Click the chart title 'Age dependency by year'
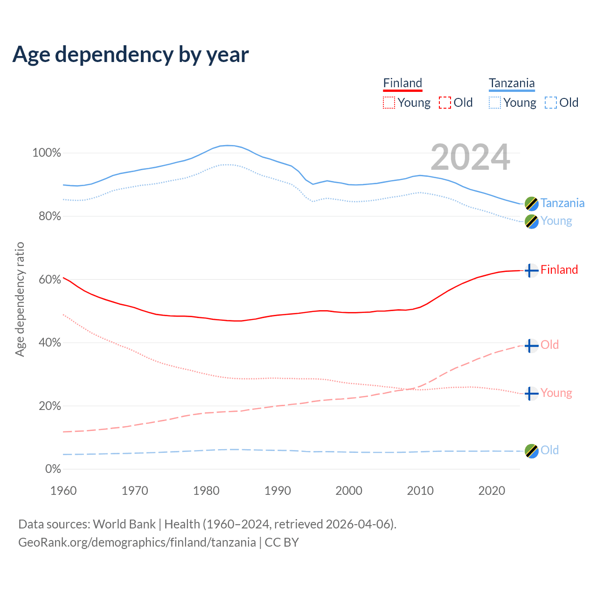[x=131, y=55]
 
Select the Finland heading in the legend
[x=403, y=83]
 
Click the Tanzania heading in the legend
[x=512, y=83]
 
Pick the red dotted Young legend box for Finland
[x=389, y=103]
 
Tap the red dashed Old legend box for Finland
[x=445, y=103]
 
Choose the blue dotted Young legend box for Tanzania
[x=495, y=103]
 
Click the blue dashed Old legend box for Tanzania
[x=551, y=103]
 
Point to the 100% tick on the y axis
[x=47, y=153]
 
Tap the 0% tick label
[x=53, y=469]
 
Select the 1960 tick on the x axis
[x=63, y=491]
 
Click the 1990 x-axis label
[x=278, y=491]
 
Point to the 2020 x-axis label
[x=492, y=491]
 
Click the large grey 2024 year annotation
[x=470, y=157]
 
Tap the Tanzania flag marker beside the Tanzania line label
[x=531, y=204]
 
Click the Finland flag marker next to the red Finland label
[x=531, y=270]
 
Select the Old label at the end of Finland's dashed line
[x=549, y=345]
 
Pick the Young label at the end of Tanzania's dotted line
[x=556, y=221]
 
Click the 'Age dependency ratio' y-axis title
[x=20, y=299]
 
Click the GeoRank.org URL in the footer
[x=137, y=542]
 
